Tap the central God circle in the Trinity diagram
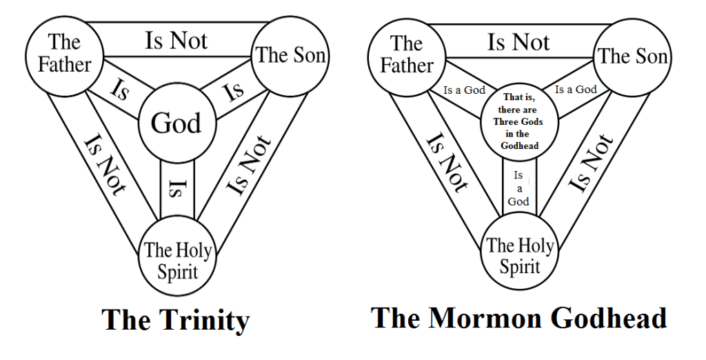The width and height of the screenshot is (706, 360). (x=176, y=123)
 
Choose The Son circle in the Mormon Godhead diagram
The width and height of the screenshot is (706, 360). (x=633, y=56)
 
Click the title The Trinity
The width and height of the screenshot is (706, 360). (x=175, y=321)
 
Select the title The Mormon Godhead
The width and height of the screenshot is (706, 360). (x=518, y=318)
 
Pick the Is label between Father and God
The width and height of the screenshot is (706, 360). (x=119, y=90)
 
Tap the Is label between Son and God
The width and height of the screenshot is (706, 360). (x=234, y=90)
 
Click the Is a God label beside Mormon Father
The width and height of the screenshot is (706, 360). (x=464, y=90)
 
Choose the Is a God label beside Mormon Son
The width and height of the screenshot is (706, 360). (x=576, y=89)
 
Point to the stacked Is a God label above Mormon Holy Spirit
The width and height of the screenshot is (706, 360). (x=519, y=188)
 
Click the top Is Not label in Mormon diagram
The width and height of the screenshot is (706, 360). (x=519, y=42)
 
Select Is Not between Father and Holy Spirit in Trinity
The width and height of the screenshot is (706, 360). (x=103, y=166)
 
